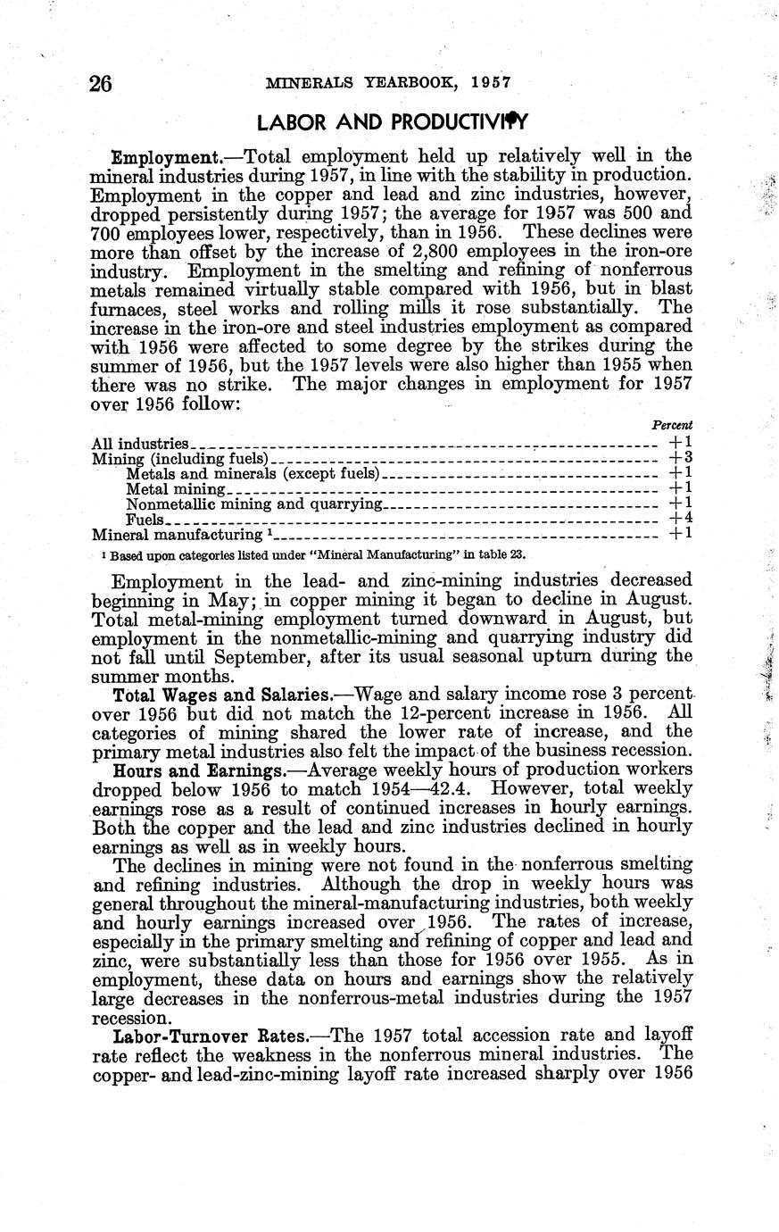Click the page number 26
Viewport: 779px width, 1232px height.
(x=100, y=84)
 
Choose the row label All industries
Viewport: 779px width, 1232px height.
(x=139, y=444)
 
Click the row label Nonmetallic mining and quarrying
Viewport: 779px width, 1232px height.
(x=254, y=504)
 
